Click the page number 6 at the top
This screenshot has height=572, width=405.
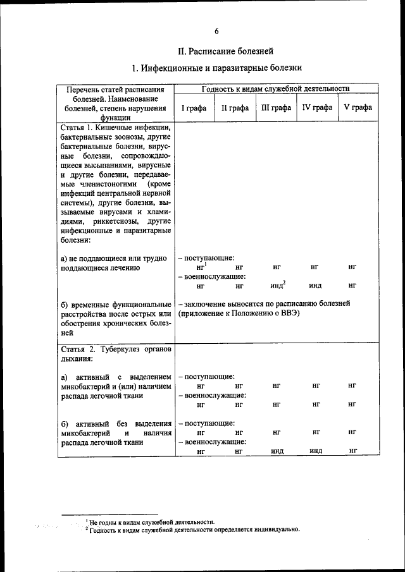[x=216, y=31]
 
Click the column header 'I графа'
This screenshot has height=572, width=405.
[x=194, y=107]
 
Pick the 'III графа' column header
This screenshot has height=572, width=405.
[x=276, y=107]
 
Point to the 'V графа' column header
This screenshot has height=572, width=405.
[x=358, y=107]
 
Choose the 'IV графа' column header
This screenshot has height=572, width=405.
[x=317, y=107]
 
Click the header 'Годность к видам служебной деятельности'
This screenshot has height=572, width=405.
[x=275, y=89]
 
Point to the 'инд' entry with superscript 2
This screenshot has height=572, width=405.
[x=275, y=286]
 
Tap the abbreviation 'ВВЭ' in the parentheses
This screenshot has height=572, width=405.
[x=288, y=313]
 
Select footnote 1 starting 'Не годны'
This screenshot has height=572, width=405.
[x=152, y=522]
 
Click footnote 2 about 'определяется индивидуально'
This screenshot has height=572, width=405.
[x=194, y=530]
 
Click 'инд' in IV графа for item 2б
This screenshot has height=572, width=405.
[x=316, y=451]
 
